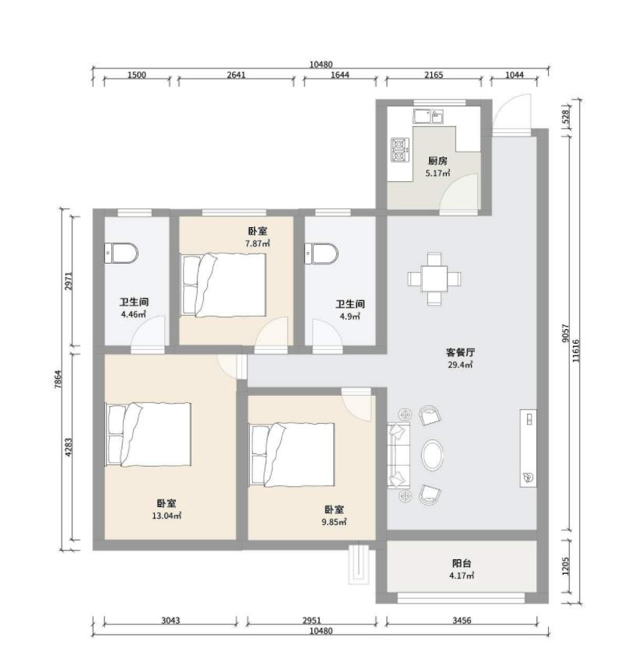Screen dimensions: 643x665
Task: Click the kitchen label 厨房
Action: coord(437,161)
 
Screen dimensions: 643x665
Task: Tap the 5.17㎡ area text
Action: coord(437,173)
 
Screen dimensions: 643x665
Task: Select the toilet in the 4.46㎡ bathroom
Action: coord(121,254)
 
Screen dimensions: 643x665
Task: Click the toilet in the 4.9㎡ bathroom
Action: coord(321,254)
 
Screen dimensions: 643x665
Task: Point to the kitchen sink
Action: coord(428,116)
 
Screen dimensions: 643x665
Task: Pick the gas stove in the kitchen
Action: coord(400,150)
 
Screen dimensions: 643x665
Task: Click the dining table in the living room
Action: coord(434,279)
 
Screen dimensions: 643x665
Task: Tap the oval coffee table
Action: coord(433,455)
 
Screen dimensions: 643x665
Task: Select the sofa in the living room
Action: coord(399,455)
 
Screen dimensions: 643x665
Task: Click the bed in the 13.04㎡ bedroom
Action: coord(148,435)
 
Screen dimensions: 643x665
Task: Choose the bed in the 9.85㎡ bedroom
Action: coord(292,455)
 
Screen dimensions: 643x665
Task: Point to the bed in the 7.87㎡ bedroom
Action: coord(223,285)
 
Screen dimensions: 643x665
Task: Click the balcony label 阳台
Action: coord(462,564)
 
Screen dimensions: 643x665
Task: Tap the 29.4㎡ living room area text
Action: coord(461,365)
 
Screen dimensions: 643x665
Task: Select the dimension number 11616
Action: coord(575,350)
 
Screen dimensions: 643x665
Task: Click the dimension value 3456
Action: coord(462,621)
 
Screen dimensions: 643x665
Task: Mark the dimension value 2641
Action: coord(236,75)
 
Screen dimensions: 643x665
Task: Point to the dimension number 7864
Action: coord(58,380)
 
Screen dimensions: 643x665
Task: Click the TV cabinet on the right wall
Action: coord(529,448)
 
